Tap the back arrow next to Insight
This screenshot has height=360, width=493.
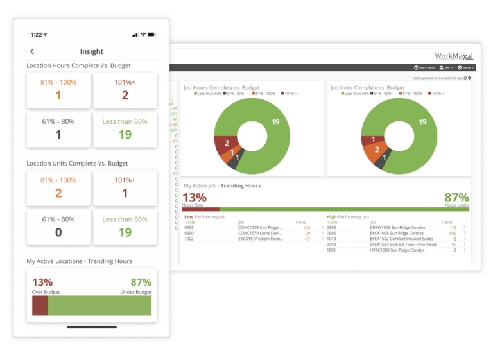pyautogui.click(x=32, y=51)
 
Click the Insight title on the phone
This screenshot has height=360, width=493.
pyautogui.click(x=91, y=51)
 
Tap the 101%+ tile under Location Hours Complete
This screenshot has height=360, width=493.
pyautogui.click(x=125, y=89)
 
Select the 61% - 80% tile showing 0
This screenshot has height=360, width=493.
pyautogui.click(x=58, y=226)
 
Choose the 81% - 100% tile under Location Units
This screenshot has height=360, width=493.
pyautogui.click(x=58, y=187)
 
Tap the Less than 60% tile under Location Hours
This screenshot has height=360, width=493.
pyautogui.click(x=125, y=128)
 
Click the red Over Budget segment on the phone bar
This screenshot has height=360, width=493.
pyautogui.click(x=40, y=305)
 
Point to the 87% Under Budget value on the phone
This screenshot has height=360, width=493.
pyautogui.click(x=140, y=282)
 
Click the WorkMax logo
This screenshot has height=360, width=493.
pyautogui.click(x=454, y=56)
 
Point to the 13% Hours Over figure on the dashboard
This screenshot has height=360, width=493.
pyautogui.click(x=195, y=198)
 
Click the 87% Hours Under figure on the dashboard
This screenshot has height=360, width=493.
pyautogui.click(x=456, y=198)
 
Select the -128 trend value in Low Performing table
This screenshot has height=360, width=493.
pyautogui.click(x=306, y=227)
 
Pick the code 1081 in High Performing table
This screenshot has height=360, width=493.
pyautogui.click(x=331, y=250)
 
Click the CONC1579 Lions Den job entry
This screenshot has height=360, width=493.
pyautogui.click(x=260, y=233)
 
